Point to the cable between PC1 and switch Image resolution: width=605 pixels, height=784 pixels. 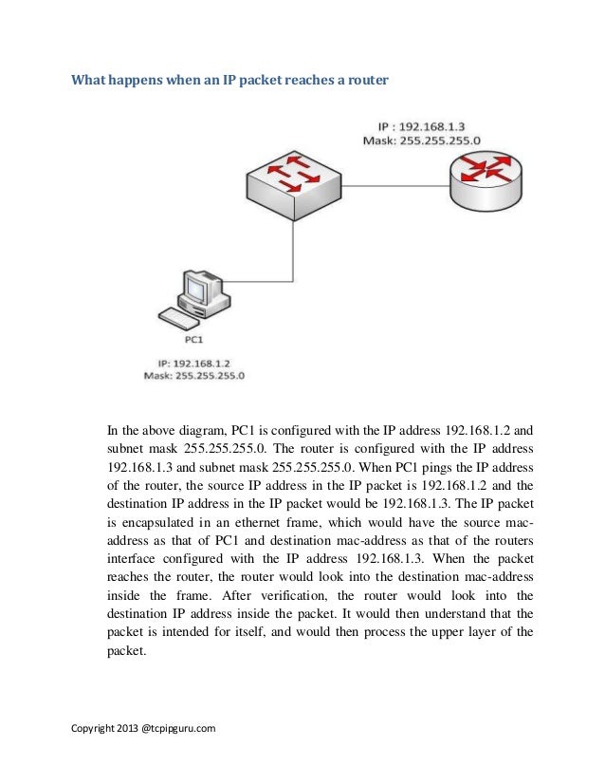click(275, 256)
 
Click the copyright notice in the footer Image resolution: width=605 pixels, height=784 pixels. click(144, 728)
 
